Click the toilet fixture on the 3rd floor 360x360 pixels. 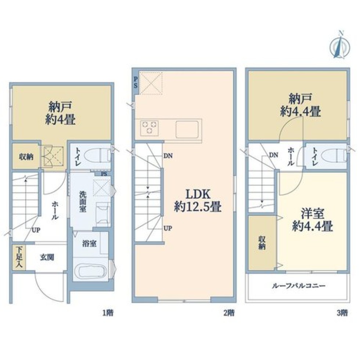point(334,156)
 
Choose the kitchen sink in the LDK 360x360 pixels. point(187,129)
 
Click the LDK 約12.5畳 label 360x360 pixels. point(198,201)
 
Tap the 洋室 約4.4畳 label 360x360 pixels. point(313,220)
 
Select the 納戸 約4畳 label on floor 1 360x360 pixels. point(61,113)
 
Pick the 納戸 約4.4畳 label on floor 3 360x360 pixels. point(300,105)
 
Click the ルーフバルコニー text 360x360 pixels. point(299,286)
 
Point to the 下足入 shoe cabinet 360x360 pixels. point(19,258)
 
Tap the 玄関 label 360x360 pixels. point(47,258)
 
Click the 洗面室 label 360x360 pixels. point(83,202)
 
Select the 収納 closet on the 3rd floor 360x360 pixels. point(262,243)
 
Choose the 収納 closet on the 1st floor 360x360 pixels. point(26,156)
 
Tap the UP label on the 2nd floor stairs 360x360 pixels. point(168,228)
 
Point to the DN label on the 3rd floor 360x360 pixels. point(273,155)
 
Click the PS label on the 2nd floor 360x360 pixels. point(136,82)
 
